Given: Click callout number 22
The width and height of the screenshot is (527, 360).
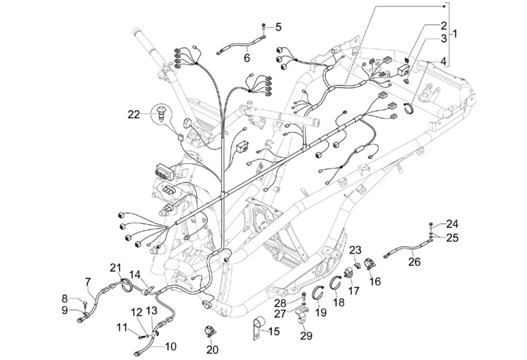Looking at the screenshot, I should (x=134, y=114).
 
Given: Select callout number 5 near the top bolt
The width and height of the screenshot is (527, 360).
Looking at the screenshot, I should (x=278, y=27).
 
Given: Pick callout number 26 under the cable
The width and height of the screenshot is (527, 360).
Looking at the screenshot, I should (x=414, y=261).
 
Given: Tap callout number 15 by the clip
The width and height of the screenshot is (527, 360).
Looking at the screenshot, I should (x=274, y=332).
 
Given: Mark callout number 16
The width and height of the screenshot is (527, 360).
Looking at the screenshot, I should (x=375, y=281).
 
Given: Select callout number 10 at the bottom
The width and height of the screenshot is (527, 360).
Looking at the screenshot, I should (x=171, y=346).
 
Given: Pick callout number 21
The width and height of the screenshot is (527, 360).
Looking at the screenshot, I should (x=115, y=267).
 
